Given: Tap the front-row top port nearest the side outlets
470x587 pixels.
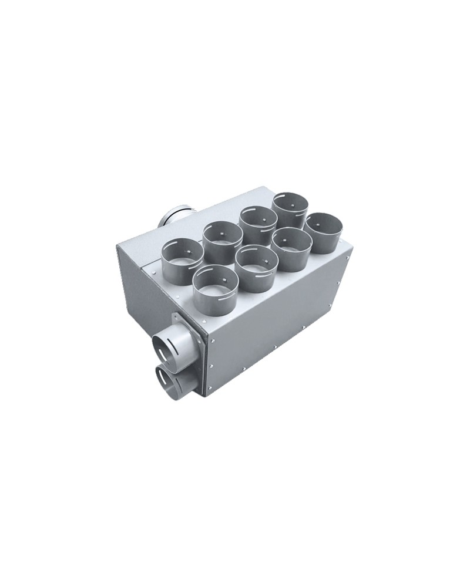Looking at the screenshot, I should pyautogui.click(x=215, y=282).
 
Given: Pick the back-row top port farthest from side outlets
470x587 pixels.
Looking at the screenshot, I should pyautogui.click(x=290, y=207).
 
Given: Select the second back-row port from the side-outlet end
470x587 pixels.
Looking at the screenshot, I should pyautogui.click(x=223, y=237).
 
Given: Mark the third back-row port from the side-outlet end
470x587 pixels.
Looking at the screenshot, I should pyautogui.click(x=258, y=222).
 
